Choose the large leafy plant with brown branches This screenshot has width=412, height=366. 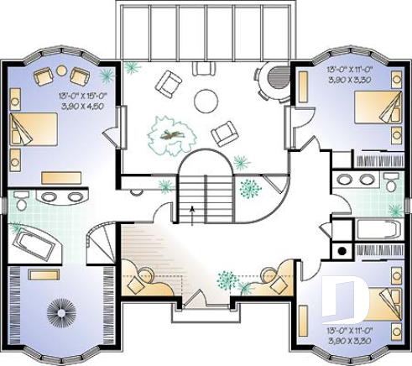(x=171, y=133)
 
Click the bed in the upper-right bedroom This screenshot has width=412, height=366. (x=374, y=108)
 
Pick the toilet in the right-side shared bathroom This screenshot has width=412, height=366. (x=389, y=182)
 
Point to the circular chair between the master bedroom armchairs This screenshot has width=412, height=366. (x=60, y=73)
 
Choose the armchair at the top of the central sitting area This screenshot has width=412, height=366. (x=170, y=81)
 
